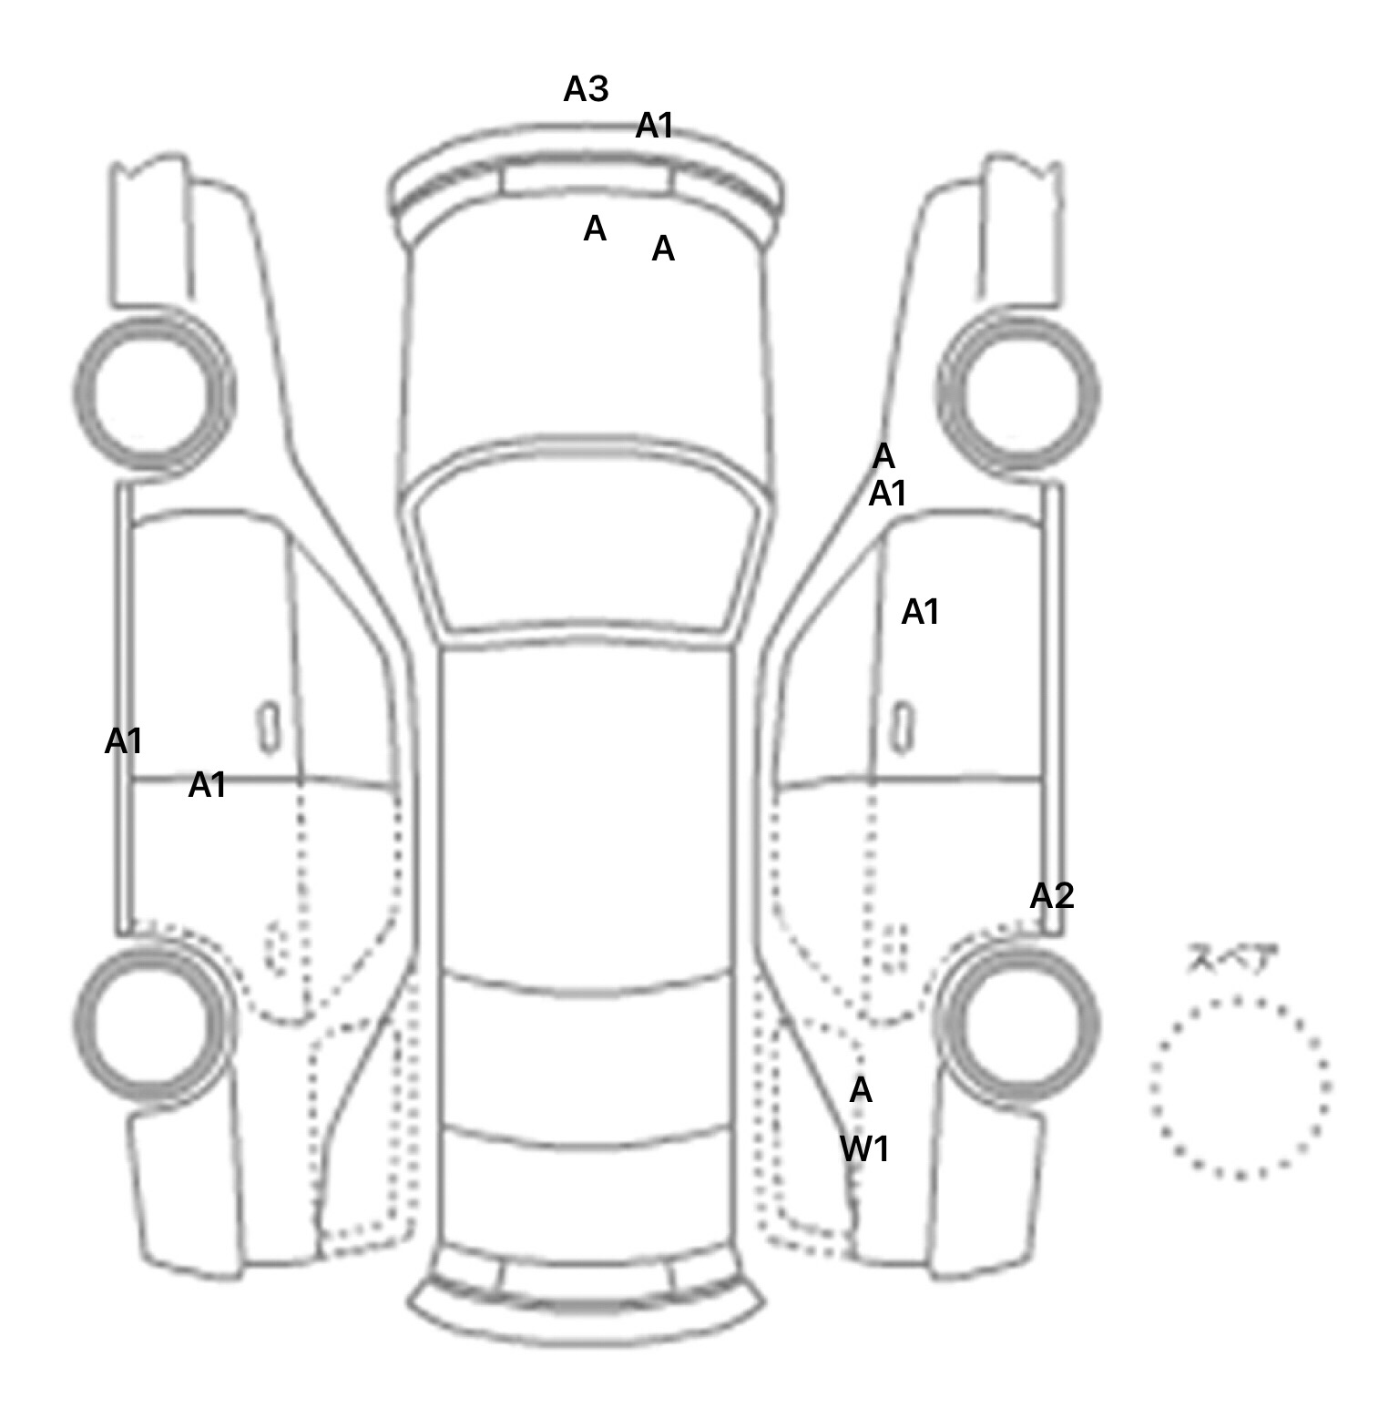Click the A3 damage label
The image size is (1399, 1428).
586,89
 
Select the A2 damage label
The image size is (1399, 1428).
1052,896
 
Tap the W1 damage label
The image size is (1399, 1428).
864,1149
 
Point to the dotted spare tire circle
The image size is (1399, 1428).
1240,1086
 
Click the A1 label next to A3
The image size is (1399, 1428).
654,126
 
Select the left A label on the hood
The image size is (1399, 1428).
595,229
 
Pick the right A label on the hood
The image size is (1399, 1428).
663,248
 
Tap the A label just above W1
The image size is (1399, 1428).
861,1090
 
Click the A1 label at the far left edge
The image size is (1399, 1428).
123,741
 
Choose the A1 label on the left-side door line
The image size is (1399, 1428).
207,785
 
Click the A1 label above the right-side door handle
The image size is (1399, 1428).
920,612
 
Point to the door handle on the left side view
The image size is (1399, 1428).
269,728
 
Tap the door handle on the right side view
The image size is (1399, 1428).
904,728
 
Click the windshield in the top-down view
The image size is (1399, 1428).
587,546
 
